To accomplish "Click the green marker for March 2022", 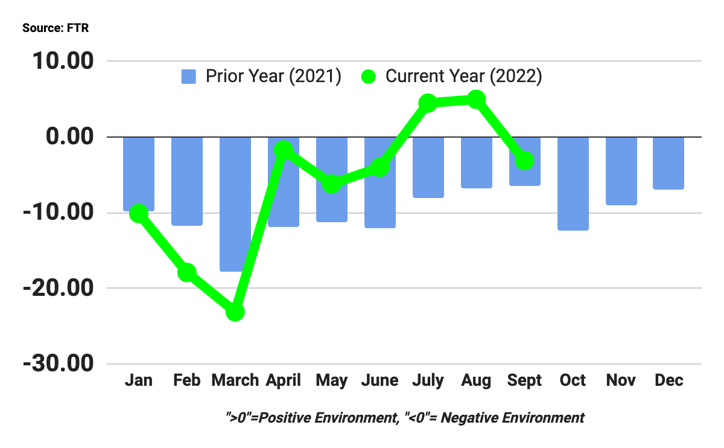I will (235, 312).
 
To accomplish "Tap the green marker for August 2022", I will (476, 100).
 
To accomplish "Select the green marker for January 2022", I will (139, 213).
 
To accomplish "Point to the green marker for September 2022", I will (525, 161).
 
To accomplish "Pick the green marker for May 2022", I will (332, 184).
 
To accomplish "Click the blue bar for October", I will (573, 184).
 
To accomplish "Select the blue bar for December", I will (668, 163).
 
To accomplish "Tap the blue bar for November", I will (621, 171).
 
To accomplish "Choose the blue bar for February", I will (187, 181).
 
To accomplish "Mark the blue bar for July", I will (428, 167).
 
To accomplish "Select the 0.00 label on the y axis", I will (71, 137).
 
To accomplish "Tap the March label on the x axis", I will (235, 380).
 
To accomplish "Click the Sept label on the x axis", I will (525, 380).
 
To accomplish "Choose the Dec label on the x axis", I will (668, 380).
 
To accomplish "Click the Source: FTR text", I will (56, 28).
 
